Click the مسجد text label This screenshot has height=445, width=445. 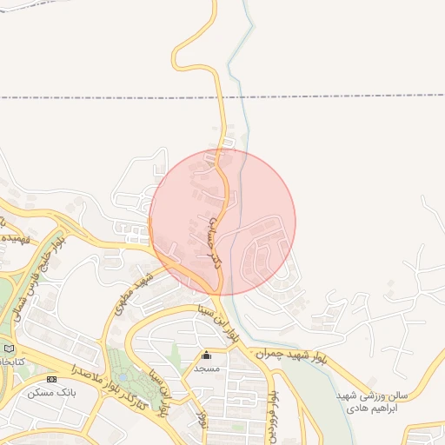click(206, 369)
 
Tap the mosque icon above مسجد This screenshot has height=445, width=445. click(206, 355)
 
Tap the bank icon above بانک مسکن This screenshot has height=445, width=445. click(51, 379)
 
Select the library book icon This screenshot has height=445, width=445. click(10, 349)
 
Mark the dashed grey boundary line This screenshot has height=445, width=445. click(348, 96)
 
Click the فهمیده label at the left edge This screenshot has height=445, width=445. click(13, 236)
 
